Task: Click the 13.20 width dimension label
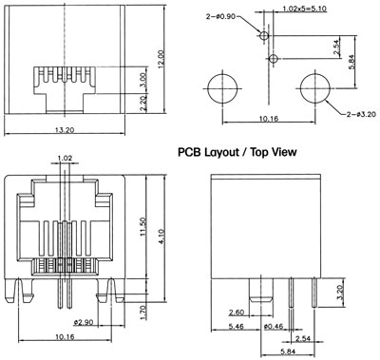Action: (65, 130)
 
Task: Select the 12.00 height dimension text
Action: (161, 59)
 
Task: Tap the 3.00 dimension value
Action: (143, 80)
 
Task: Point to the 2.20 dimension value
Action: (143, 104)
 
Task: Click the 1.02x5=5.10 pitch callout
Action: (304, 9)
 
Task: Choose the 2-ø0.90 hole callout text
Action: (220, 16)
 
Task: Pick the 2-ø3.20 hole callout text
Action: (361, 114)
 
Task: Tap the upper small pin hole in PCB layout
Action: (264, 35)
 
